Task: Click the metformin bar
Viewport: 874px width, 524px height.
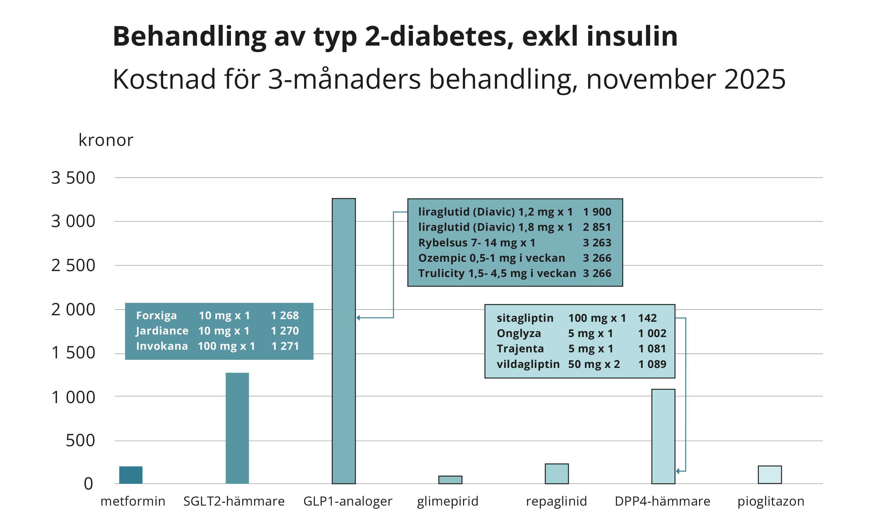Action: [131, 475]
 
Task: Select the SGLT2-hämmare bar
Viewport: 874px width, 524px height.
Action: [237, 428]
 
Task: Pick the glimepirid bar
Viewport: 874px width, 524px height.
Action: [450, 480]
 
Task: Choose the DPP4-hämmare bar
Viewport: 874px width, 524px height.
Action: [663, 436]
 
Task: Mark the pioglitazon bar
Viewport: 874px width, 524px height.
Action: [769, 475]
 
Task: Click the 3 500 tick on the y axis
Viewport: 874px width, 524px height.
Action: [73, 178]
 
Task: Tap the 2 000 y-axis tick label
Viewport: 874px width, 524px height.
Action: [73, 310]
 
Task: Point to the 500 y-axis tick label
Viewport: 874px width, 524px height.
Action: [80, 441]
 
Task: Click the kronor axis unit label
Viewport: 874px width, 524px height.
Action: [106, 140]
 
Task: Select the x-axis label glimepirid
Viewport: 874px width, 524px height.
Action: [447, 501]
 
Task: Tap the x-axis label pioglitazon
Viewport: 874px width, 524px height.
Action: [771, 501]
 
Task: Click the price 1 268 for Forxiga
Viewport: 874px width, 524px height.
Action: [285, 315]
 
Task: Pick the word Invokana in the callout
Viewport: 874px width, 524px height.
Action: [162, 346]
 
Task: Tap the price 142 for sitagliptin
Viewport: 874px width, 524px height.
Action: [647, 318]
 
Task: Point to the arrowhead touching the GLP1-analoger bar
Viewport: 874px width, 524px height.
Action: [358, 318]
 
